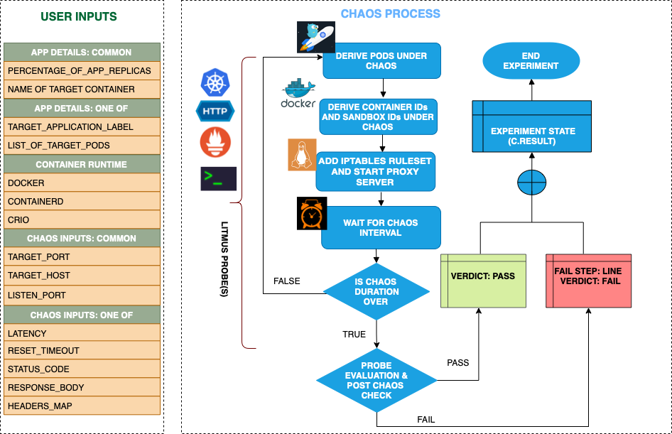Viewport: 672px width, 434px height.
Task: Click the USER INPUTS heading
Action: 79,16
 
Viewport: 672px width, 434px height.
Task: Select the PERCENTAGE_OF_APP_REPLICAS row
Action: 82,71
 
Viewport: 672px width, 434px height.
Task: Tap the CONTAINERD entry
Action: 82,201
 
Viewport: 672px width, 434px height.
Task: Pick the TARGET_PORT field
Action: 82,256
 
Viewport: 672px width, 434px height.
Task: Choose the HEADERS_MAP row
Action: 82,406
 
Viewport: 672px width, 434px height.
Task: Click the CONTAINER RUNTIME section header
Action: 82,164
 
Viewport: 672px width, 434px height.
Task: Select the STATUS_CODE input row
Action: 82,369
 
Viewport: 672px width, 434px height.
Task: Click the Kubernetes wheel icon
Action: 213,82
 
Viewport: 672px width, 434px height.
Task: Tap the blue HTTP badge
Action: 215,112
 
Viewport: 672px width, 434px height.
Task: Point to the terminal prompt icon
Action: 218,178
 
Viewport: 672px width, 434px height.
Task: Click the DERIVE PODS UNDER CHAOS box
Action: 381,60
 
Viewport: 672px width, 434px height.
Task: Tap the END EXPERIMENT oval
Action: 531,60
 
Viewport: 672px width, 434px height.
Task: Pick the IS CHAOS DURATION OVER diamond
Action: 376,292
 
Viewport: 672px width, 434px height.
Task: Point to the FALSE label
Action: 287,281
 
